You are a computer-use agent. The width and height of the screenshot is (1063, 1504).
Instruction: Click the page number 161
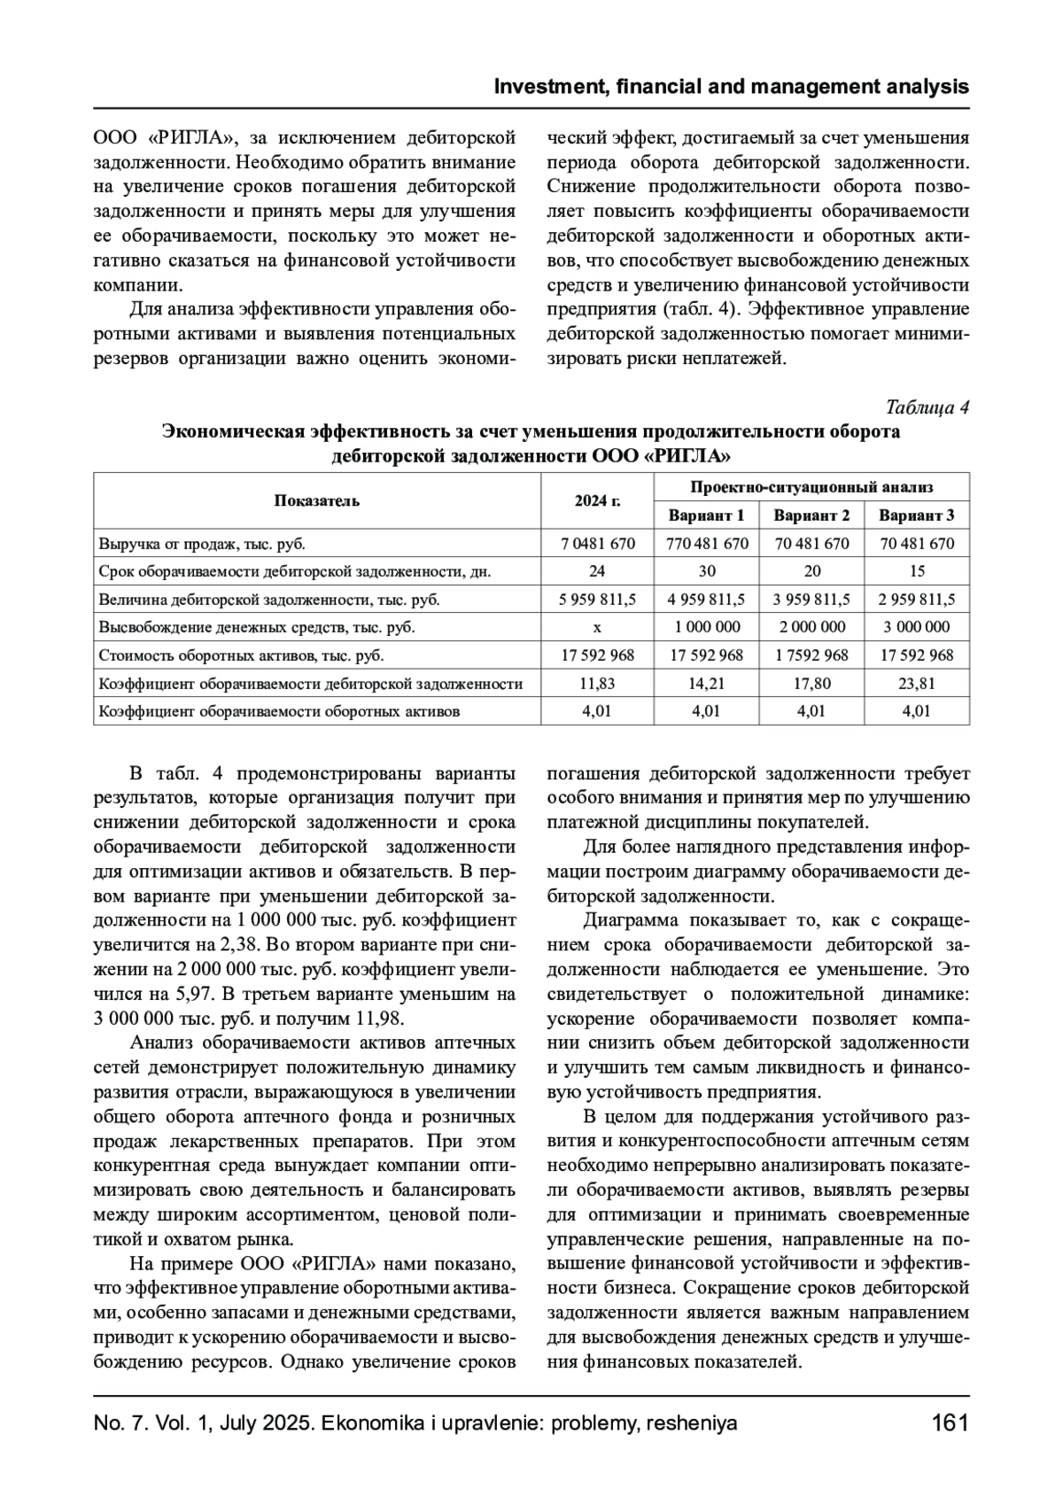(950, 1424)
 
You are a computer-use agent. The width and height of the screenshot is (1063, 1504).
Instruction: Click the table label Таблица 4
(927, 407)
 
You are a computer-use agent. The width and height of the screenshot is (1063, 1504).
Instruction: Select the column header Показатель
(316, 501)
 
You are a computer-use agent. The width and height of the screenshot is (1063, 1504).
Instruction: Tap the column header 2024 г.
(597, 501)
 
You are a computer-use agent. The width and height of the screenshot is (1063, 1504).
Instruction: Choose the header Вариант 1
(706, 516)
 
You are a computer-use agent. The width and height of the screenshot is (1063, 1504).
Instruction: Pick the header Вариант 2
(811, 516)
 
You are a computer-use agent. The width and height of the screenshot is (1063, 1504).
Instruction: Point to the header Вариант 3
(917, 516)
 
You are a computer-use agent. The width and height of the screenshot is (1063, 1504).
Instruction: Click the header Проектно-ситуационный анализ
(811, 487)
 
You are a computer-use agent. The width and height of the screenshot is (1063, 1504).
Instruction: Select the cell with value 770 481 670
(706, 543)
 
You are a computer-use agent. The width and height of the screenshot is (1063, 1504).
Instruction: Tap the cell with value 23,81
(917, 684)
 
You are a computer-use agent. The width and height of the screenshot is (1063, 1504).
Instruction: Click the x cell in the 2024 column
(597, 627)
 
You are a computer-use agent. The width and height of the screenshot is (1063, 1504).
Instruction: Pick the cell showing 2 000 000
(811, 627)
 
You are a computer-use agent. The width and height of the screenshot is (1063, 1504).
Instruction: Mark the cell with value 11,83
(597, 684)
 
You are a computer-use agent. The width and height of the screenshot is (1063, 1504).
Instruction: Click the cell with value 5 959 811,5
(597, 600)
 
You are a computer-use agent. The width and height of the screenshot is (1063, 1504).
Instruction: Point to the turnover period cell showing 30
(706, 571)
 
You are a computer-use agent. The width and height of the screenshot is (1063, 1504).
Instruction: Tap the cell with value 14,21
(706, 684)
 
